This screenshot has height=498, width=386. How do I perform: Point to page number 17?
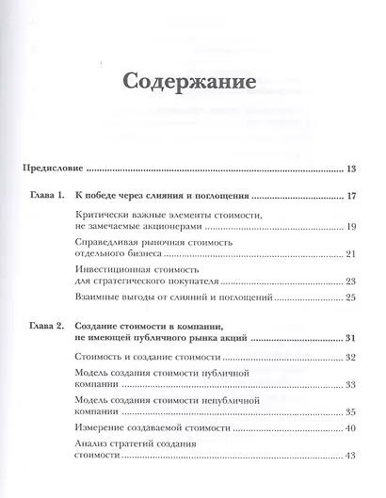[x=349, y=198]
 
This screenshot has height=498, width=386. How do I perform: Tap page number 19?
[x=349, y=228]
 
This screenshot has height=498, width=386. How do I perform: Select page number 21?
[x=349, y=254]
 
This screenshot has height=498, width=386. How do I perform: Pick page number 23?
[x=349, y=281]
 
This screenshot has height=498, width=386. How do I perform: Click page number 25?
[x=349, y=298]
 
